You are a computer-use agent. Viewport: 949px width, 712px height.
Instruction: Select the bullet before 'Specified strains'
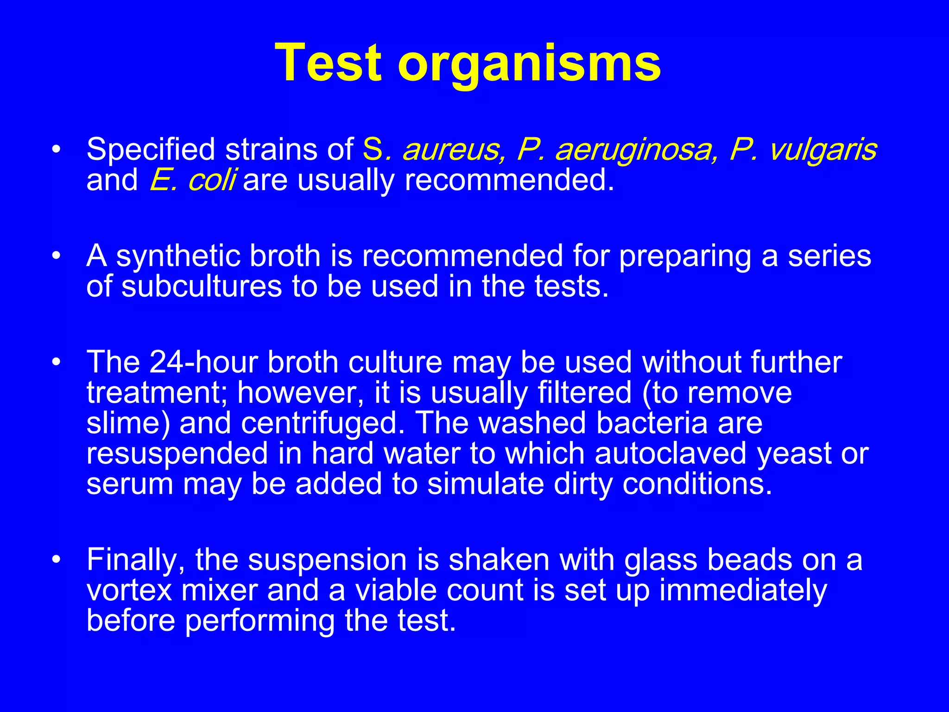click(56, 150)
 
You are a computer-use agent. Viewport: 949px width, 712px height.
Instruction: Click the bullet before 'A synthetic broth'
click(56, 256)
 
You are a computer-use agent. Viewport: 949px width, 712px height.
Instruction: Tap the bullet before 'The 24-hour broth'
click(56, 362)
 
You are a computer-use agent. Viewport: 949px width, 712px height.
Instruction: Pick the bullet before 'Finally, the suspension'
click(56, 559)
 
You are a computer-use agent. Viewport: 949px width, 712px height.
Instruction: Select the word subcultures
click(202, 286)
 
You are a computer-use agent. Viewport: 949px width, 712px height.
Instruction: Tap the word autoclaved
click(670, 453)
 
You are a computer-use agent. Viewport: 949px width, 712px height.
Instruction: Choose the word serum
click(130, 484)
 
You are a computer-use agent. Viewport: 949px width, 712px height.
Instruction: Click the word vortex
click(129, 591)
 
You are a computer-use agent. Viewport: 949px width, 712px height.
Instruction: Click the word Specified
click(151, 150)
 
